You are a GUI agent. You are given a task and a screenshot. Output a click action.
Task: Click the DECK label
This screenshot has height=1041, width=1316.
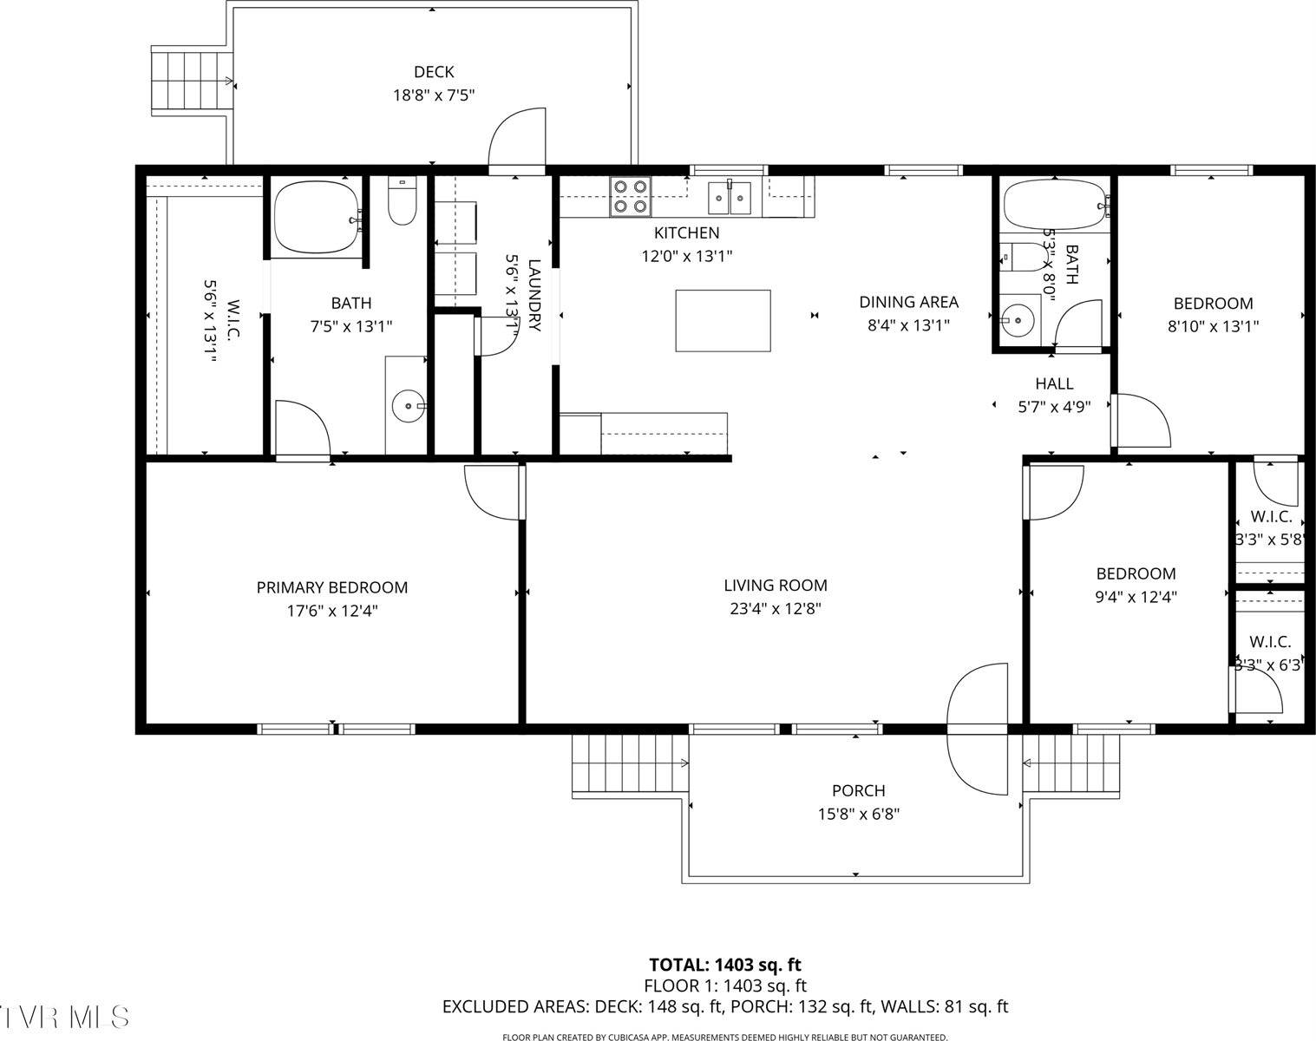pyautogui.click(x=433, y=72)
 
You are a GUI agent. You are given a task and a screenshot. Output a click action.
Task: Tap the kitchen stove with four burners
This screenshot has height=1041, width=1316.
pyautogui.click(x=630, y=196)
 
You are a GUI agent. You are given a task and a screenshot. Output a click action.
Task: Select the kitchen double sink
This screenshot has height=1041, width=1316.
pyautogui.click(x=729, y=197)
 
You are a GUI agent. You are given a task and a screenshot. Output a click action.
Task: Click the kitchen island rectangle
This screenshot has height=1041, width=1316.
pyautogui.click(x=723, y=320)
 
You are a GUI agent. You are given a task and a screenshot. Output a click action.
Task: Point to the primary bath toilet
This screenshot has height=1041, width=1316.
pyautogui.click(x=402, y=201)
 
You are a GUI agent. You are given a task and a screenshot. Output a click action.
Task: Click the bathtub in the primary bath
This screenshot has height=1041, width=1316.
pyautogui.click(x=317, y=217)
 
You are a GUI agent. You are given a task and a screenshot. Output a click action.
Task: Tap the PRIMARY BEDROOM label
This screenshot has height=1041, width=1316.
pyautogui.click(x=331, y=587)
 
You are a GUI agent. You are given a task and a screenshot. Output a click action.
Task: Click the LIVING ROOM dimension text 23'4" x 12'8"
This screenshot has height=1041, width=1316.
pyautogui.click(x=775, y=609)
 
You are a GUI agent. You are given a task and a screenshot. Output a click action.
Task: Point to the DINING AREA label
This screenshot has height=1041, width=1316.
pyautogui.click(x=908, y=302)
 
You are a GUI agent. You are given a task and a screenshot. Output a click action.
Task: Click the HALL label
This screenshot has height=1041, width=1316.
pyautogui.click(x=1054, y=383)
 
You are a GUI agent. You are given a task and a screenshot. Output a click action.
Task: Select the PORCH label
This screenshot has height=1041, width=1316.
pyautogui.click(x=858, y=790)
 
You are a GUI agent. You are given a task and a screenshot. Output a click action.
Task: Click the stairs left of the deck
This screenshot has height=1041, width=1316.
pyautogui.click(x=192, y=81)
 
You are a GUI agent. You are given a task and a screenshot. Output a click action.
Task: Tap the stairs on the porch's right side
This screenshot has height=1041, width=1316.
pyautogui.click(x=1071, y=763)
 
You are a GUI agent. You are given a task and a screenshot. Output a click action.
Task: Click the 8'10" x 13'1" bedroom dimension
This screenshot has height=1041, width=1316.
pyautogui.click(x=1213, y=326)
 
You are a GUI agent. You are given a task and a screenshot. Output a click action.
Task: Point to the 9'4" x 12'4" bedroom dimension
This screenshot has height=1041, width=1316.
pyautogui.click(x=1136, y=597)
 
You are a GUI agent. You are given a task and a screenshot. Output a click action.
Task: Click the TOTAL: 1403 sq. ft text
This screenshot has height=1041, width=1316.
pyautogui.click(x=725, y=965)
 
